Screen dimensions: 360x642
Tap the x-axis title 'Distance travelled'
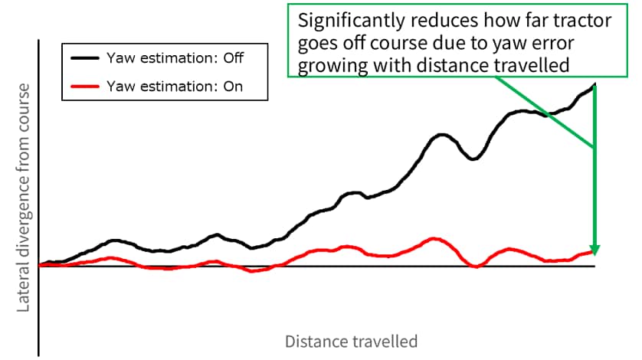coord(352,340)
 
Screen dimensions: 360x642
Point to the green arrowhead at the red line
coord(595,249)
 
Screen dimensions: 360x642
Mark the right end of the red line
coord(594,250)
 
